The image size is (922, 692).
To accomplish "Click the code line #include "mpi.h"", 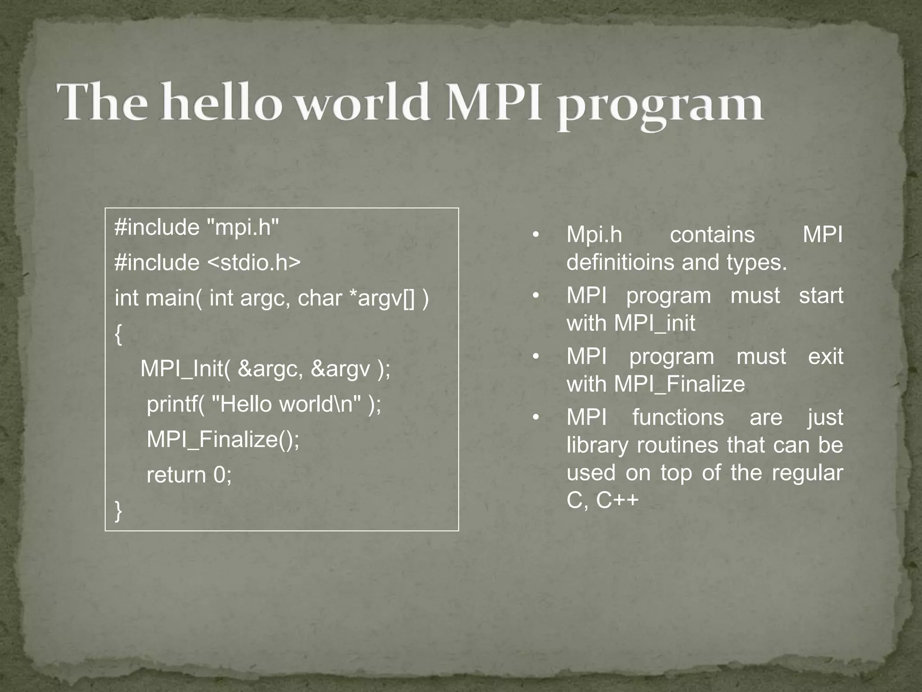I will (197, 227).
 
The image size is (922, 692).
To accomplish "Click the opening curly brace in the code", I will (118, 334).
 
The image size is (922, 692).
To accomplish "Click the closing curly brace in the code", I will (118, 511).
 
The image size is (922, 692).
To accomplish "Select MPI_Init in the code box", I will (185, 369).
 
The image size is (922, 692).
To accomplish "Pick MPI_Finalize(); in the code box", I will (223, 439).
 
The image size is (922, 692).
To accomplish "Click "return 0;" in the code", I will (189, 475).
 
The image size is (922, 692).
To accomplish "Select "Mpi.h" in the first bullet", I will (594, 235).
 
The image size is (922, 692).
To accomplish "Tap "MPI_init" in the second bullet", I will (655, 323).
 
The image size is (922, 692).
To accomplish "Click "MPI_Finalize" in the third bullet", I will (679, 384).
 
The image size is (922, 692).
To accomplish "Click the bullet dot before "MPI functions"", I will (535, 418).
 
